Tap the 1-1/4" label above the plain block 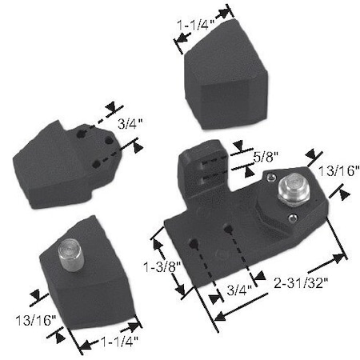194,24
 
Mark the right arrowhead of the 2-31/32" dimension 346,257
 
